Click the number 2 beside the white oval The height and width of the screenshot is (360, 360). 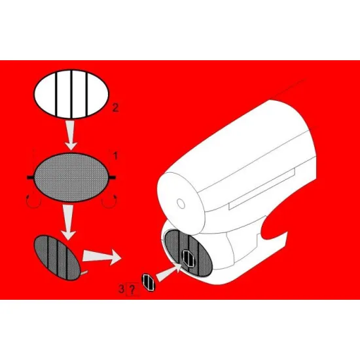115,107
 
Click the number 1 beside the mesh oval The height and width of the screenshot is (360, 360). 115,157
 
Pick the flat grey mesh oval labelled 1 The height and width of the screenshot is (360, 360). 72,177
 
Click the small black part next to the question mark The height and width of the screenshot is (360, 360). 149,282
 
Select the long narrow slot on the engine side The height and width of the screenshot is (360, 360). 262,189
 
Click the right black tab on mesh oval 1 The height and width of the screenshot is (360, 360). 115,177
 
